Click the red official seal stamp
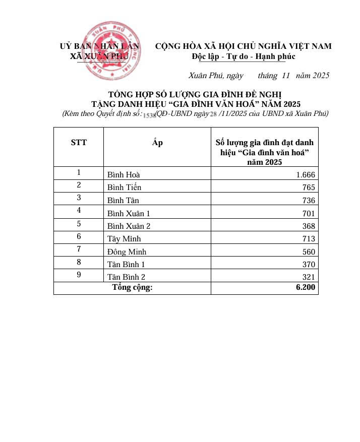coord(112,50)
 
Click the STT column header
coord(79,143)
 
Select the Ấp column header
coord(157,143)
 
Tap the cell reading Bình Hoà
coord(124,175)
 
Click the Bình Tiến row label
coord(124,187)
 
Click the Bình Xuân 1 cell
coord(129,213)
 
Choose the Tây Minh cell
coord(124,239)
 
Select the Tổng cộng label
coord(132,288)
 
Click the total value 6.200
coord(306,288)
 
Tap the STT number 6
coord(79,236)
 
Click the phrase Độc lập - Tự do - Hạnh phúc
coord(244,56)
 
